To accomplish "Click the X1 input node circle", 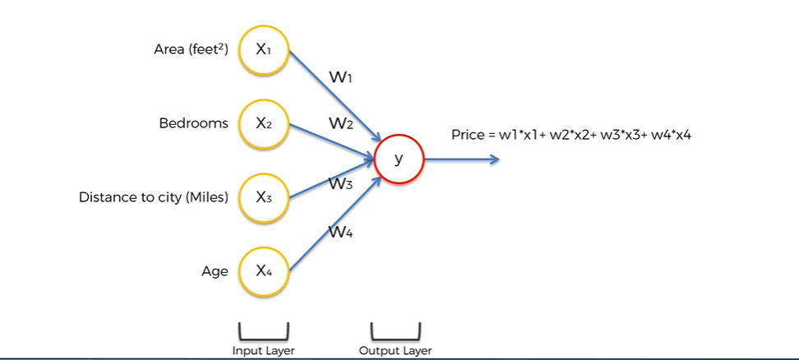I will pyautogui.click(x=264, y=50).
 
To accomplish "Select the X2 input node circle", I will pyautogui.click(x=264, y=124).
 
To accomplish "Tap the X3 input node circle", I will pyautogui.click(x=264, y=198).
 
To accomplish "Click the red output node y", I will pyautogui.click(x=399, y=159).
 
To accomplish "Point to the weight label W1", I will pyautogui.click(x=341, y=78).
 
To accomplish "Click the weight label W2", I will pyautogui.click(x=341, y=124).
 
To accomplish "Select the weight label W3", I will pyautogui.click(x=341, y=184).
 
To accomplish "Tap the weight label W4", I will pyautogui.click(x=341, y=233).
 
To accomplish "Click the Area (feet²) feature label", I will pyautogui.click(x=191, y=50).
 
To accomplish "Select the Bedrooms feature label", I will pyautogui.click(x=193, y=124).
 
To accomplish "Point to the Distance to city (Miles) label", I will pyautogui.click(x=153, y=198).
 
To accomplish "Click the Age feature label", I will pyautogui.click(x=215, y=271).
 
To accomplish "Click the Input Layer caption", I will pyautogui.click(x=263, y=351).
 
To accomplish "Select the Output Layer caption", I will pyautogui.click(x=395, y=351).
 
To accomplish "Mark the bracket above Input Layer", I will pyautogui.click(x=264, y=333).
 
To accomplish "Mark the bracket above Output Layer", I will pyautogui.click(x=395, y=333).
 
